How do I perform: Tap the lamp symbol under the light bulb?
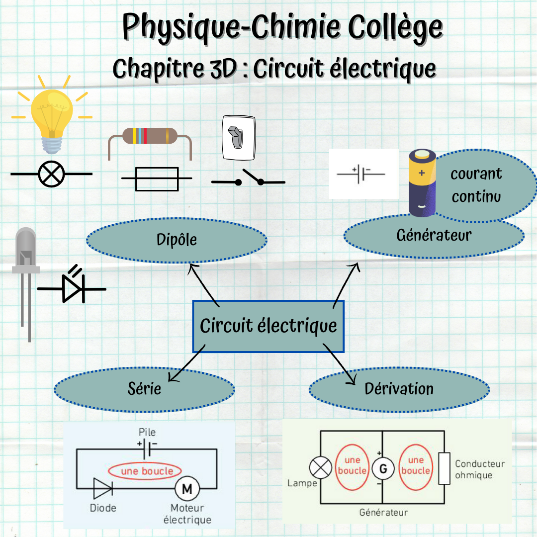pos(52,174)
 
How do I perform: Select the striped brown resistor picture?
pos(149,136)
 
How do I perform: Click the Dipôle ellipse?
pos(177,240)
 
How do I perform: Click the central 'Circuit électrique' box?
pos(268,326)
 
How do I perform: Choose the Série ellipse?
pos(144,388)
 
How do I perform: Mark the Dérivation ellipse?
pos(399,389)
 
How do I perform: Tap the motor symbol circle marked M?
pos(187,489)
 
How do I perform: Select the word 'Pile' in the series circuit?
pos(147,432)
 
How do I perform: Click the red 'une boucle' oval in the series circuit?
pos(145,471)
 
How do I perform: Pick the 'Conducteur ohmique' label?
pos(479,469)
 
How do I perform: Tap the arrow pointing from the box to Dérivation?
pos(343,365)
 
